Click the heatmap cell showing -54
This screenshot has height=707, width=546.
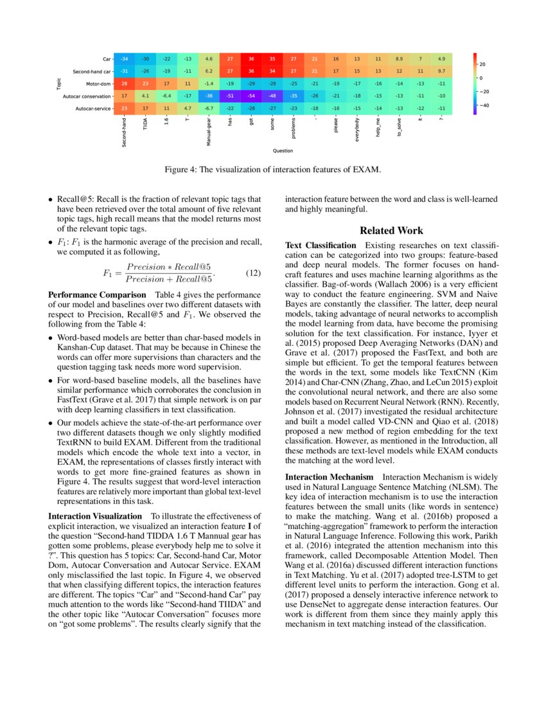coord(251,96)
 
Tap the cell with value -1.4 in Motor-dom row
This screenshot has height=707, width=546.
coord(209,84)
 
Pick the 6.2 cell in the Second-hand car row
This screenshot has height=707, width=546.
coord(209,71)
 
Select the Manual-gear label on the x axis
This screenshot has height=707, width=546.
coord(209,131)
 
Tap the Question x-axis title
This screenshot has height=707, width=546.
coord(283,151)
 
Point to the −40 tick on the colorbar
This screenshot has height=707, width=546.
coord(487,105)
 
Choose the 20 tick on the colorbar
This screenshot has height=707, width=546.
coord(486,64)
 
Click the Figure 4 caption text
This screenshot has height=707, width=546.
coord(272,170)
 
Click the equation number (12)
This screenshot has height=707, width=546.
coord(253,272)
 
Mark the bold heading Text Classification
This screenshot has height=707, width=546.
coord(321,245)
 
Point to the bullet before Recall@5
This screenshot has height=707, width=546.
coord(51,200)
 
